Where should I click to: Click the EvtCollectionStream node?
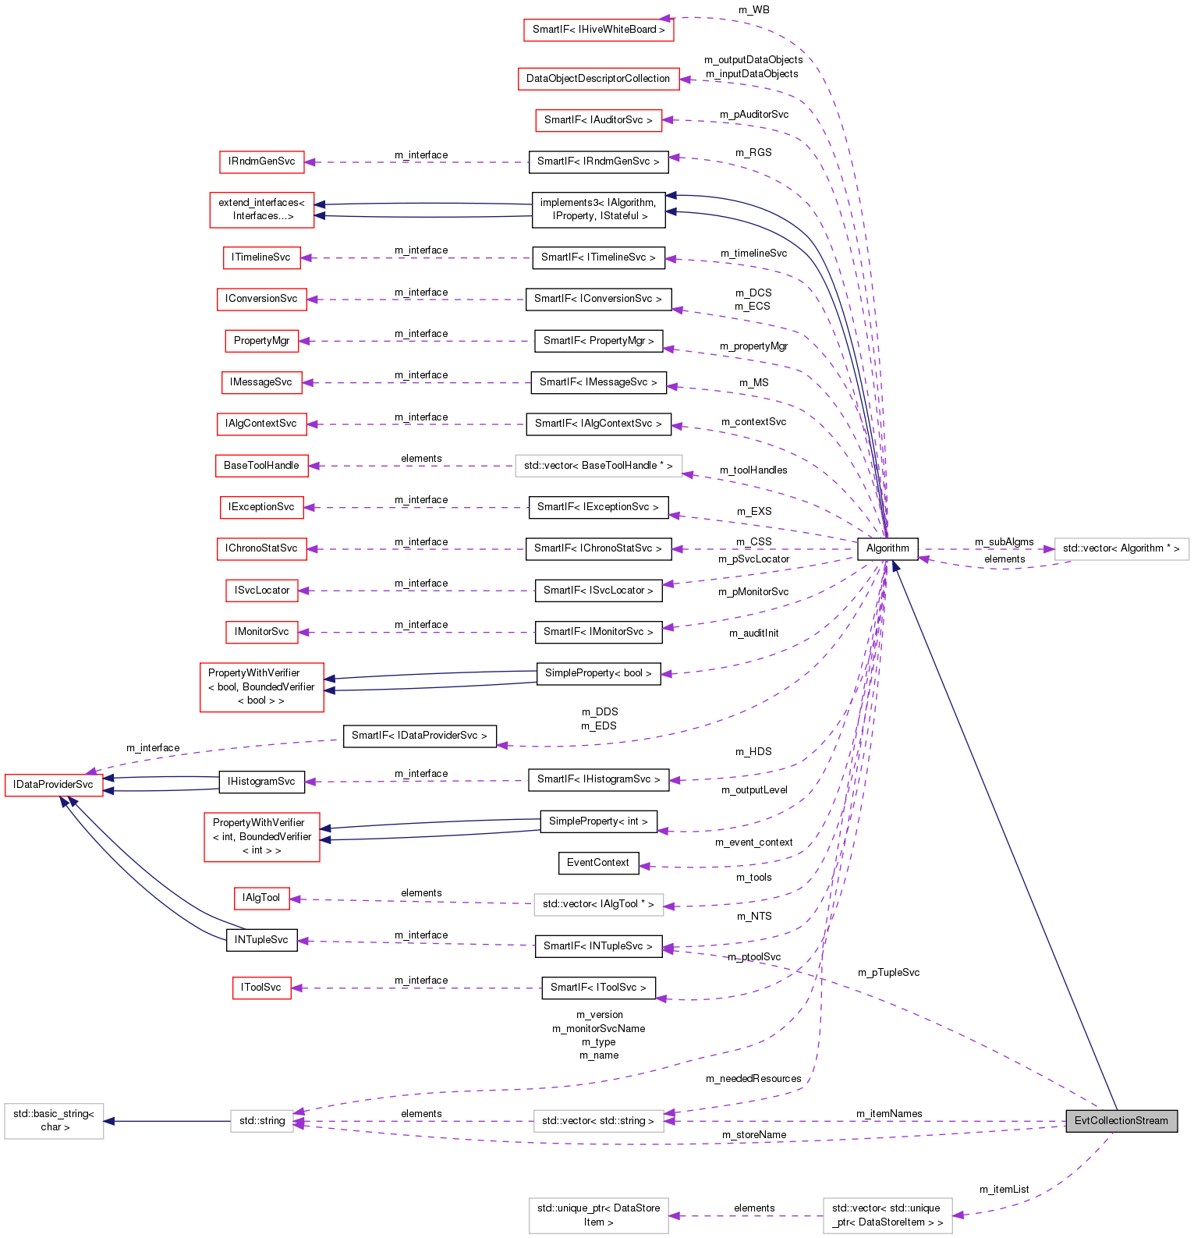click(x=1121, y=1121)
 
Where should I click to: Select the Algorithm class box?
click(x=888, y=548)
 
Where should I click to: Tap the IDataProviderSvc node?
click(x=54, y=785)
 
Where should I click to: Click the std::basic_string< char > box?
click(x=54, y=1121)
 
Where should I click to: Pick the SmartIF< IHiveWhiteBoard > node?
click(x=598, y=30)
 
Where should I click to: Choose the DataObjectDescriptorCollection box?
click(x=597, y=79)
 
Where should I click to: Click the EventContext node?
click(x=598, y=863)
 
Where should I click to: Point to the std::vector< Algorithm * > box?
click(x=1121, y=548)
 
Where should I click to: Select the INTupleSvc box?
click(x=261, y=940)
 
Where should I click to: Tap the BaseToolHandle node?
click(x=261, y=466)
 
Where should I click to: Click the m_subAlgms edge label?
click(x=1004, y=542)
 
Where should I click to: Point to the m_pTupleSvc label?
click(x=888, y=973)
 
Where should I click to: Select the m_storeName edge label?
click(x=753, y=1135)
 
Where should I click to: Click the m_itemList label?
click(x=1004, y=1190)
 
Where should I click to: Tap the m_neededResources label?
click(x=753, y=1079)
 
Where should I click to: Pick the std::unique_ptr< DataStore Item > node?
click(x=598, y=1215)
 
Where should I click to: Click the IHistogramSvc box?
click(x=261, y=782)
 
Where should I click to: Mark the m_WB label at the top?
click(x=753, y=10)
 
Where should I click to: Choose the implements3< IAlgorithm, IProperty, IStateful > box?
click(x=598, y=210)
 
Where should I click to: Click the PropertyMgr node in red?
click(x=261, y=341)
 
